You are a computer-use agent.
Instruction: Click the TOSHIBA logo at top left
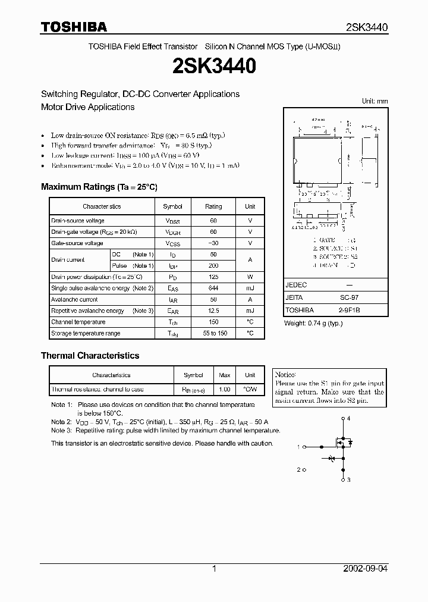[74, 27]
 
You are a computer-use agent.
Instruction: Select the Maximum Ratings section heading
[99, 187]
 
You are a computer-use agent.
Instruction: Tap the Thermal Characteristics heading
[90, 356]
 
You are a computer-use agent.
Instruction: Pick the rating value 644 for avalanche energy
[213, 288]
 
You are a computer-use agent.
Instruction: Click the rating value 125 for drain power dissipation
[213, 277]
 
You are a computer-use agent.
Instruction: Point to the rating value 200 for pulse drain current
[213, 266]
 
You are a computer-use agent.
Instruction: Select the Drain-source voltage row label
[78, 221]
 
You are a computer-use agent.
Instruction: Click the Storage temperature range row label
[86, 334]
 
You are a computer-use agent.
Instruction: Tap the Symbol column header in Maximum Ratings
[172, 206]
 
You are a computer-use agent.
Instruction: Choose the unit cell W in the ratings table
[250, 277]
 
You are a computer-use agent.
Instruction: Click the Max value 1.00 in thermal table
[225, 390]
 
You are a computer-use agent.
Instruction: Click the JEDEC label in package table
[296, 285]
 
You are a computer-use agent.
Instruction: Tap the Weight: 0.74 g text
[313, 323]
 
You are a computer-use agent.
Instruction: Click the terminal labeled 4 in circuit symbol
[349, 419]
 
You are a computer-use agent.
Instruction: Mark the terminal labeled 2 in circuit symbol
[299, 469]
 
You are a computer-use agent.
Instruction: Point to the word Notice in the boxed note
[285, 374]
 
